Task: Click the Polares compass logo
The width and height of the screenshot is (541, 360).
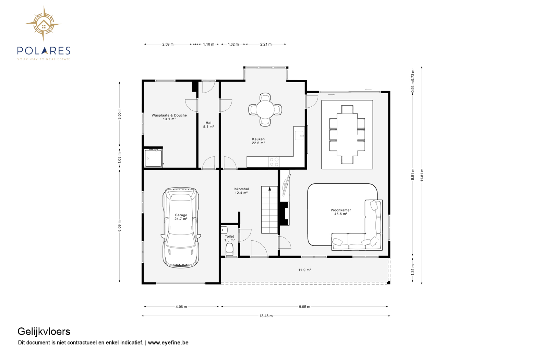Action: pos(44,24)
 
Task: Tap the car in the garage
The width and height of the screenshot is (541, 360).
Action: pos(181,227)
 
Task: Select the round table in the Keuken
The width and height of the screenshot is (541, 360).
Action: pos(265,109)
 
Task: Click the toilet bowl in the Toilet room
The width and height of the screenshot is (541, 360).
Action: pos(229,250)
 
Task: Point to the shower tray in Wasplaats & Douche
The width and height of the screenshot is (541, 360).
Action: pos(153,158)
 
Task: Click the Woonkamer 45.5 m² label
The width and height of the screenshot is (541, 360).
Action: pos(341,212)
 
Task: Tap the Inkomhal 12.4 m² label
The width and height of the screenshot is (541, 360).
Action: pos(241,191)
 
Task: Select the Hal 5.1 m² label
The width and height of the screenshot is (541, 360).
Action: pos(208,125)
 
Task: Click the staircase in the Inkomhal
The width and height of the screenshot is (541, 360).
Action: pos(269,210)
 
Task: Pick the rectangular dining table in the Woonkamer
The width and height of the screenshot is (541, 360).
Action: pos(347,135)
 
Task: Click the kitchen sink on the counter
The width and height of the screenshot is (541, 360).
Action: pos(299,135)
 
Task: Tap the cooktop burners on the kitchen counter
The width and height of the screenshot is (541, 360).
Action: pos(274,162)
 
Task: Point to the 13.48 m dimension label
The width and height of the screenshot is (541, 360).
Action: pos(266,316)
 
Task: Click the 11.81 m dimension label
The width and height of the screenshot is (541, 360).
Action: pos(422,175)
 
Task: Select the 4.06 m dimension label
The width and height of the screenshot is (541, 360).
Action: pos(181,307)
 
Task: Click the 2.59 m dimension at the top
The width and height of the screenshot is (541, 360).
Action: pos(168,44)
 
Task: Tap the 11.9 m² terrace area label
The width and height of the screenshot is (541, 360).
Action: pos(304,270)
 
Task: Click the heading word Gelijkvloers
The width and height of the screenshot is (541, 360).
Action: pos(44,332)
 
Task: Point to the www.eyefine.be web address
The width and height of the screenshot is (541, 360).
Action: pos(168,343)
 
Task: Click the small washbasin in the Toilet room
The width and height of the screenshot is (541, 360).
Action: pos(224,230)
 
